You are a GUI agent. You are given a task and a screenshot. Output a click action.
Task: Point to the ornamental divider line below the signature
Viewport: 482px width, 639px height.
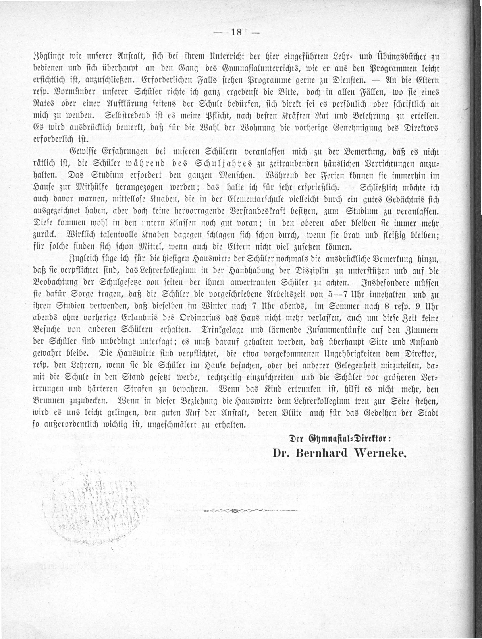coord(236,511)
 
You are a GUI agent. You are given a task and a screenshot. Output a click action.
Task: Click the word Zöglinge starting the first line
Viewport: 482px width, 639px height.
coord(48,57)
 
